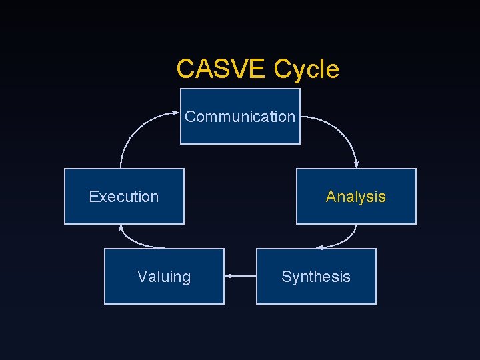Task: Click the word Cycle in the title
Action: tap(306, 69)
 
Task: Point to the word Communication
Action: tap(240, 117)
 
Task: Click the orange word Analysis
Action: tap(356, 197)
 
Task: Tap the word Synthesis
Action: tap(316, 277)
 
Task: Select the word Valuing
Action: tap(164, 277)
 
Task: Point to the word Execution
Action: tap(124, 197)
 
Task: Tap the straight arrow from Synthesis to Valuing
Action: tap(241, 275)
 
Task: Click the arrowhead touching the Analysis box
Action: tap(357, 165)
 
